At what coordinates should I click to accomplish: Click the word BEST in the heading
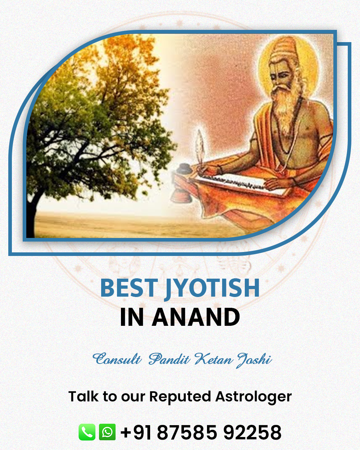(x=129, y=288)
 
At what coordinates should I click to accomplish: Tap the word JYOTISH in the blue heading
(x=212, y=289)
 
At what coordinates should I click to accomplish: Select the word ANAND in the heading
(x=195, y=317)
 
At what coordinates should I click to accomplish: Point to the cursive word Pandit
(x=169, y=359)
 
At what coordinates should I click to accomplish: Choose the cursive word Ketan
(x=213, y=359)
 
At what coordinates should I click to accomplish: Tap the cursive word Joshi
(x=254, y=360)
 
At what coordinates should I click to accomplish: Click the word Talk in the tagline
(x=83, y=396)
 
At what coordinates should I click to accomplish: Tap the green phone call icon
(x=87, y=432)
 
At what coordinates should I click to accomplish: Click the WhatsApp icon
(x=107, y=432)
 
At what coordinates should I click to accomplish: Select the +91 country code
(x=136, y=432)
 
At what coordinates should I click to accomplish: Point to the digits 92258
(x=252, y=432)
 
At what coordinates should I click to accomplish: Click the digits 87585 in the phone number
(x=186, y=432)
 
